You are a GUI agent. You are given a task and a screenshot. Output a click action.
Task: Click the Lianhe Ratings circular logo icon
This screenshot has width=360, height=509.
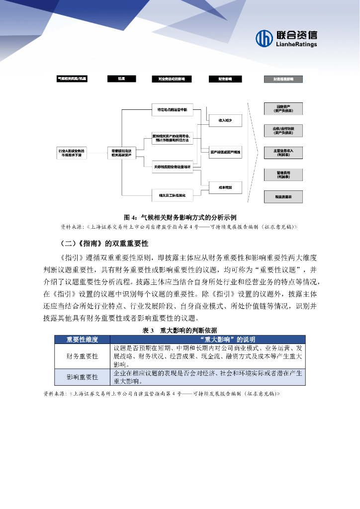point(264,38)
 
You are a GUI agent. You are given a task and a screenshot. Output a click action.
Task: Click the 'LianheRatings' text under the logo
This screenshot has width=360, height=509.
point(295,44)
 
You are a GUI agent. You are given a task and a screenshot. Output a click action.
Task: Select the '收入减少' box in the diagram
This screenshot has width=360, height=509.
point(222,120)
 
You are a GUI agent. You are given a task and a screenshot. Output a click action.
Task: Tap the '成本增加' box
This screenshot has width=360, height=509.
point(222,187)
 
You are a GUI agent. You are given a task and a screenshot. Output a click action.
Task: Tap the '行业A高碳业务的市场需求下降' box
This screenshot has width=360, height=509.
point(72,153)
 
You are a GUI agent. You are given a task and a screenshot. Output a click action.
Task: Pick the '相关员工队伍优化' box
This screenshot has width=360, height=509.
point(172,195)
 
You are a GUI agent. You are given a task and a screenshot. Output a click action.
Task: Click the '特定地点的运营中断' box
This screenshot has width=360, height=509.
point(172,110)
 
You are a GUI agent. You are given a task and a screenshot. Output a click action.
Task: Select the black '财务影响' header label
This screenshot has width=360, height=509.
point(222,79)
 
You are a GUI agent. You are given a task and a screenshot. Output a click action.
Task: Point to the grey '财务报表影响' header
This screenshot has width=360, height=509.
point(283,79)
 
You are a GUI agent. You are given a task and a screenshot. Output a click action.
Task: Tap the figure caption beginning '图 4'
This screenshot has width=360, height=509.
point(180,217)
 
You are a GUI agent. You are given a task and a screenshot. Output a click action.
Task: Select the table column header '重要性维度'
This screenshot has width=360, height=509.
point(83,339)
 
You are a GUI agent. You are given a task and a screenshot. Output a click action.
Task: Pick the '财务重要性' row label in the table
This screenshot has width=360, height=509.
point(83,356)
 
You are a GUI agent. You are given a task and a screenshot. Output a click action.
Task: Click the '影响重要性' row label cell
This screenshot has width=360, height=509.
point(83,377)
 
